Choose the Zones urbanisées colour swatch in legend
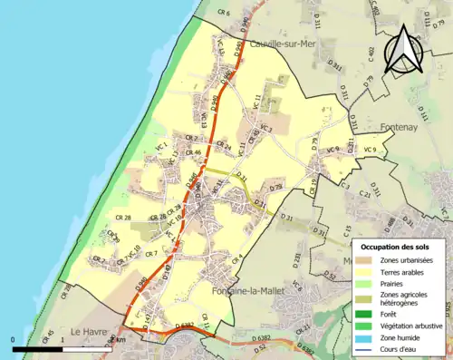click(x=367, y=260)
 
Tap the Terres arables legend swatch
click(x=367, y=271)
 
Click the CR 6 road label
click(x=224, y=14)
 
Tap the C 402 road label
click(x=370, y=55)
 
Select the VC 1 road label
click(x=163, y=145)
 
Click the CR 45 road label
click(x=48, y=336)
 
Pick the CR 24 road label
click(x=222, y=147)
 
